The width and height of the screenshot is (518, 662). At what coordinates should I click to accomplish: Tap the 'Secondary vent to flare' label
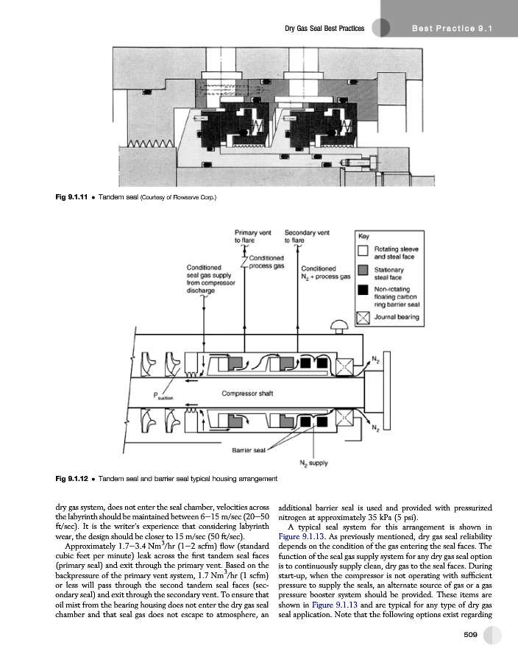(x=306, y=235)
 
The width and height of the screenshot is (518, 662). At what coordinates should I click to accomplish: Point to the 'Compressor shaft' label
(x=247, y=393)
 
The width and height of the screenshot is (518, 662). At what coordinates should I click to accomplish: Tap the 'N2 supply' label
(x=314, y=463)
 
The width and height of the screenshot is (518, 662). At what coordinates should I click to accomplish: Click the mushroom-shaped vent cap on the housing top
(x=339, y=324)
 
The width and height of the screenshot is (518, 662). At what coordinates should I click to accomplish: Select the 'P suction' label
(x=161, y=396)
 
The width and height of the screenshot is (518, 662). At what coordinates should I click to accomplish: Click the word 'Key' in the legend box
(x=363, y=237)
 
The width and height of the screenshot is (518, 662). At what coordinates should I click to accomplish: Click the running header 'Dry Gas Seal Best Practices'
(x=324, y=28)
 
